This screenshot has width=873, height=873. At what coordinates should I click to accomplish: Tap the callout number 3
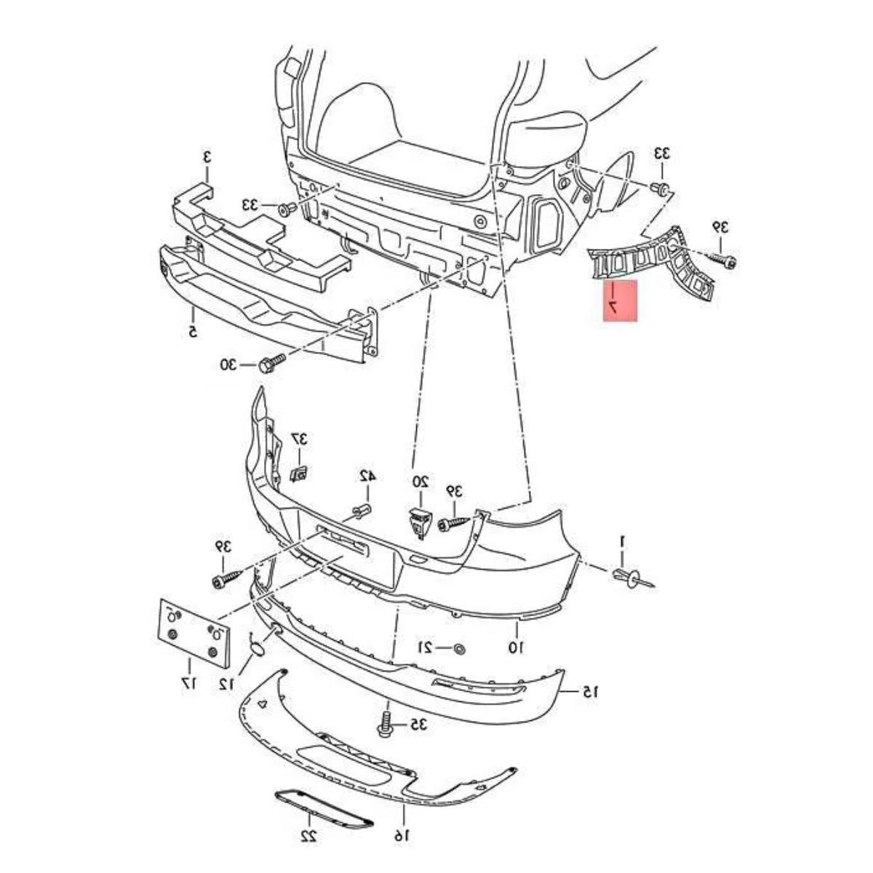[x=207, y=157]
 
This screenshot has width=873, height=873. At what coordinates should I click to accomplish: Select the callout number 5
[x=193, y=332]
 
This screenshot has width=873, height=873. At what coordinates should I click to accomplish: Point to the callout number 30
[x=229, y=364]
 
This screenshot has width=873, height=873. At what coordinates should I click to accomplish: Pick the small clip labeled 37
[x=299, y=474]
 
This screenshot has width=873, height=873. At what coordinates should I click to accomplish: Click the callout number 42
[x=367, y=476]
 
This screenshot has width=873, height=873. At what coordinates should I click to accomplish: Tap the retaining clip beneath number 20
[x=420, y=524]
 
